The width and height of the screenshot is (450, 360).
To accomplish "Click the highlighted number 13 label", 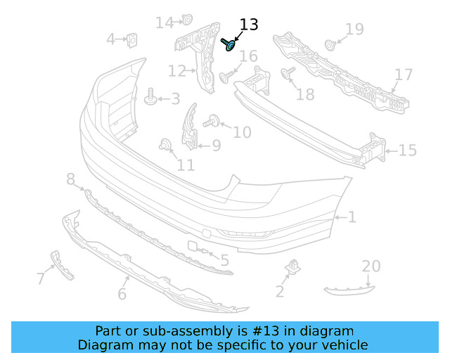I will [249, 25].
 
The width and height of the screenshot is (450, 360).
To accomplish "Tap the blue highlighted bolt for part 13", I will [229, 46].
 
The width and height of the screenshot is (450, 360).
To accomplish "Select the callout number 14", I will [165, 23].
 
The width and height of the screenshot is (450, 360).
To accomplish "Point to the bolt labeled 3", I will [150, 98].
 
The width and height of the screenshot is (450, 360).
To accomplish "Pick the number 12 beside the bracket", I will [176, 71].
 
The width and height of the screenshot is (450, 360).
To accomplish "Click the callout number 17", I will [404, 75].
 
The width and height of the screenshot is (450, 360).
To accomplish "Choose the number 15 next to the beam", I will [408, 150].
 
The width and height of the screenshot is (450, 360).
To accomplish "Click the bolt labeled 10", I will [211, 122].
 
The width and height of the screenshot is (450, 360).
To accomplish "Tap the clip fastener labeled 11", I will [166, 146].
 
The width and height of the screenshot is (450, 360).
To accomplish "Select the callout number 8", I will [70, 180].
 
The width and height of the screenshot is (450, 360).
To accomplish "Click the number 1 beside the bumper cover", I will [352, 218].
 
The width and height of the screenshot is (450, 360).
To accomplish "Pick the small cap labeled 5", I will [193, 246].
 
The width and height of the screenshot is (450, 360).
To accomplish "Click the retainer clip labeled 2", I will [292, 268].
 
